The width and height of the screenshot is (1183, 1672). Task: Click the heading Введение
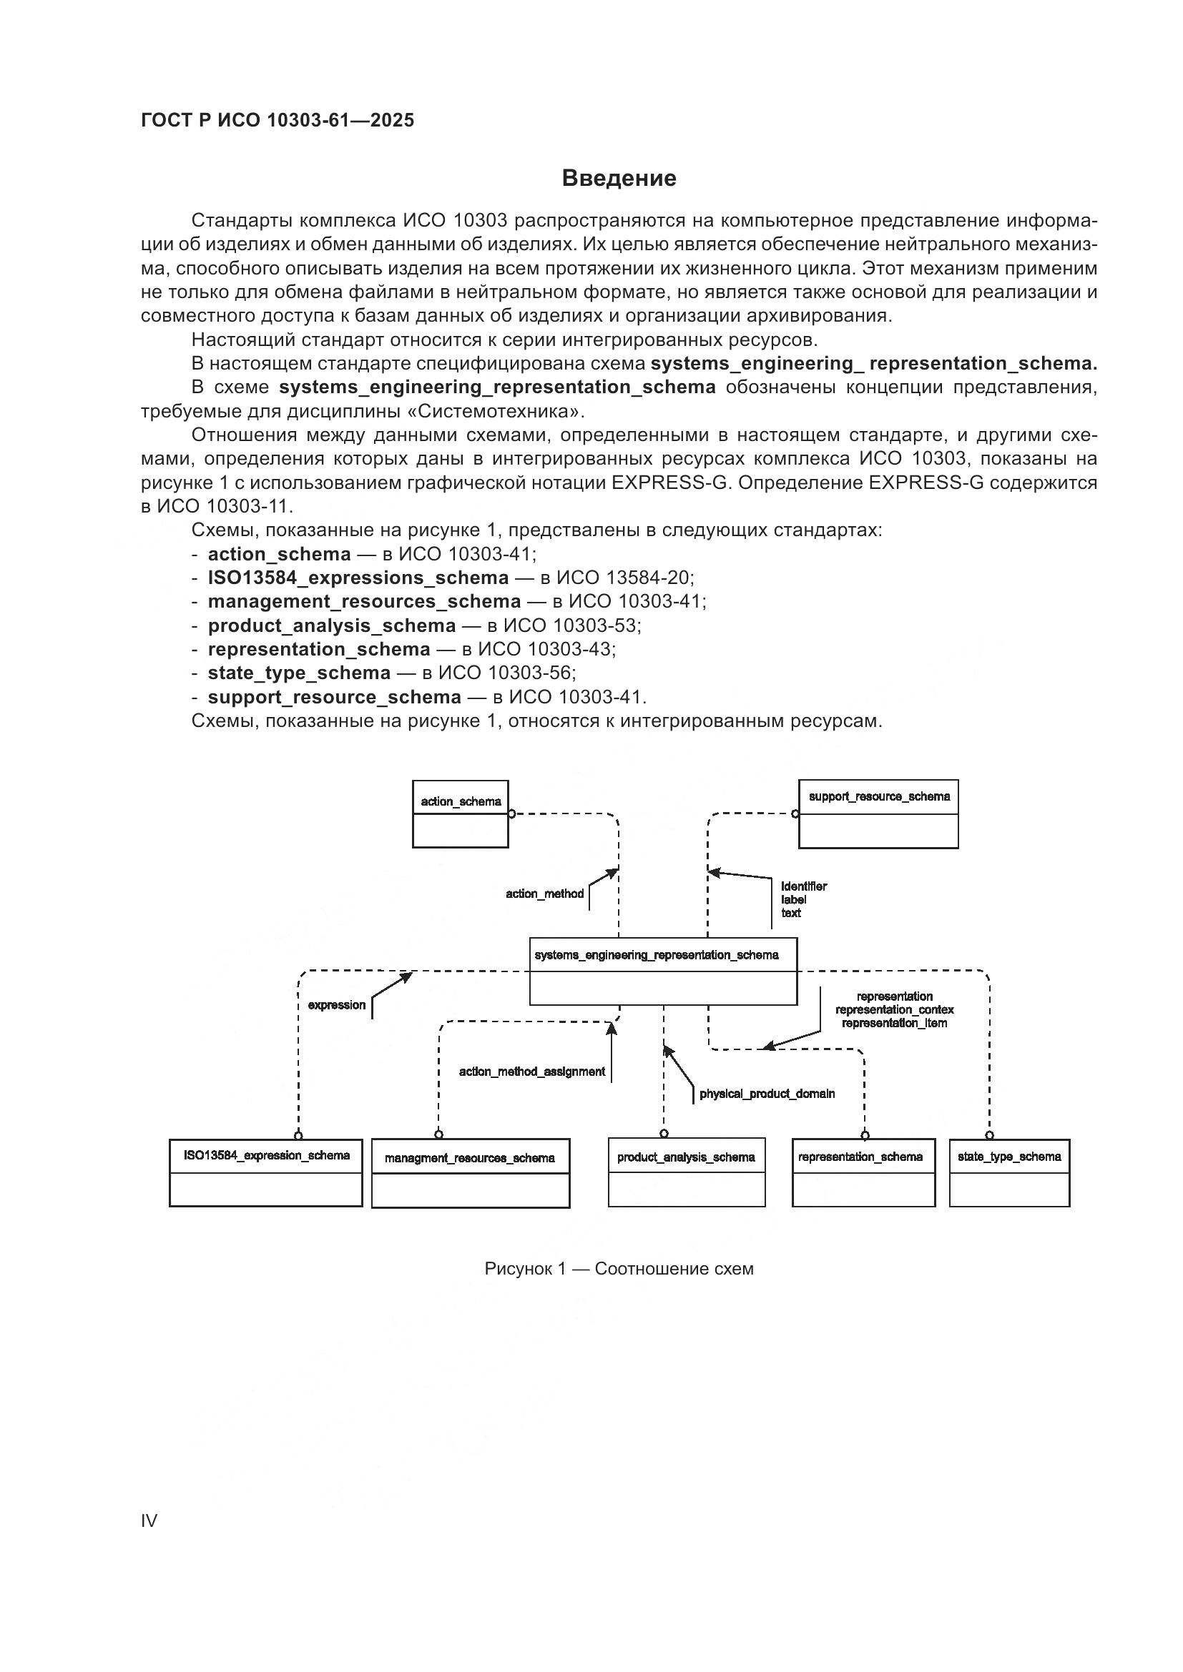point(619,179)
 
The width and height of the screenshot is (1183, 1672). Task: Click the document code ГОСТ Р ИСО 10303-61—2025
point(278,120)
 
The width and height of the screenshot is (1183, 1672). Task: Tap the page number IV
point(149,1521)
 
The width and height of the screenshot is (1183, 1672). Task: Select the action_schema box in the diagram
point(461,814)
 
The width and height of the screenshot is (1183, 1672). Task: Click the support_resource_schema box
point(878,814)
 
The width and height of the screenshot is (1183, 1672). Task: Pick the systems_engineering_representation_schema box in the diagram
point(663,971)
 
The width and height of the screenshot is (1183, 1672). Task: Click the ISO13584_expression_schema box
point(266,1173)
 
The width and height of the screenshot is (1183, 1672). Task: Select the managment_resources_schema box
point(471,1173)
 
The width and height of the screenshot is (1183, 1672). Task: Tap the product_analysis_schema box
point(686,1172)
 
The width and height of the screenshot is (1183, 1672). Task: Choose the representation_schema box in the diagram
point(863,1172)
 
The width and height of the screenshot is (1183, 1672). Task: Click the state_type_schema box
point(1009,1173)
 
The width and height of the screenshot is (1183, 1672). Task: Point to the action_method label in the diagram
point(545,894)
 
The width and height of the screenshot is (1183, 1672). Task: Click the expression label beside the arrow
point(337,1005)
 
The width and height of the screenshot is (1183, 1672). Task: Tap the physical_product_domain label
point(767,1094)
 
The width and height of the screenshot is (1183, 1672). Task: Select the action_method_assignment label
point(531,1072)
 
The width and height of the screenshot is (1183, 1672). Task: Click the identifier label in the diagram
point(803,886)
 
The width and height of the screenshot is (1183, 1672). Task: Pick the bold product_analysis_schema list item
point(331,625)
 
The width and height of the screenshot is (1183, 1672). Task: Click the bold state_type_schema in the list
point(299,673)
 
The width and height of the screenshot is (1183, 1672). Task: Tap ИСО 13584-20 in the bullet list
point(624,578)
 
